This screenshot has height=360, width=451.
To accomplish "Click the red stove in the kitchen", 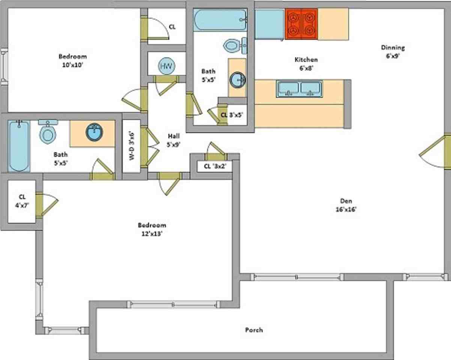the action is [301, 24].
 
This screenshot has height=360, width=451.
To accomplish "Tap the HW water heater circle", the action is [167, 66].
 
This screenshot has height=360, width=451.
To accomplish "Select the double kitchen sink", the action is [299, 89].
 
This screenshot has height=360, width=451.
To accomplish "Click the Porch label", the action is [254, 330].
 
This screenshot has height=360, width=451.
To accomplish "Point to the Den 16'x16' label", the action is [346, 205].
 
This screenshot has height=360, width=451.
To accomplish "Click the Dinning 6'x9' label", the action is [393, 52].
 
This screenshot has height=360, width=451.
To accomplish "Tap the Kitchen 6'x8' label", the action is [306, 64].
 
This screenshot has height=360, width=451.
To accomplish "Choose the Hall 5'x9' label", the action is [173, 140].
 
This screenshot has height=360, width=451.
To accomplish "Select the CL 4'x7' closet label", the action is [22, 201].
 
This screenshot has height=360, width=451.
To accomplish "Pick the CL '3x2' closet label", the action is [215, 166].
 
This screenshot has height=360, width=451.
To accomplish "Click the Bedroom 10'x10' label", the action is [72, 61].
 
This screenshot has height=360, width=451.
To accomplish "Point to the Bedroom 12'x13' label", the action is [152, 229].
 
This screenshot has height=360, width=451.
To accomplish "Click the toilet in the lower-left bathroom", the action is [48, 132].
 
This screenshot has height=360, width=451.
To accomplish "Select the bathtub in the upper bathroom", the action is [220, 20].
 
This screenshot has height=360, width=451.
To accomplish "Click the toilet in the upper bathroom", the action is [235, 45].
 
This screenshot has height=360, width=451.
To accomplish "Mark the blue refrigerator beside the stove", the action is [270, 24].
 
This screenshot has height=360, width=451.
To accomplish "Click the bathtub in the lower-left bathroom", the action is [19, 146].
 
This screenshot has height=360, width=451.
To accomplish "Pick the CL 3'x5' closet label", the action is [232, 115].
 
